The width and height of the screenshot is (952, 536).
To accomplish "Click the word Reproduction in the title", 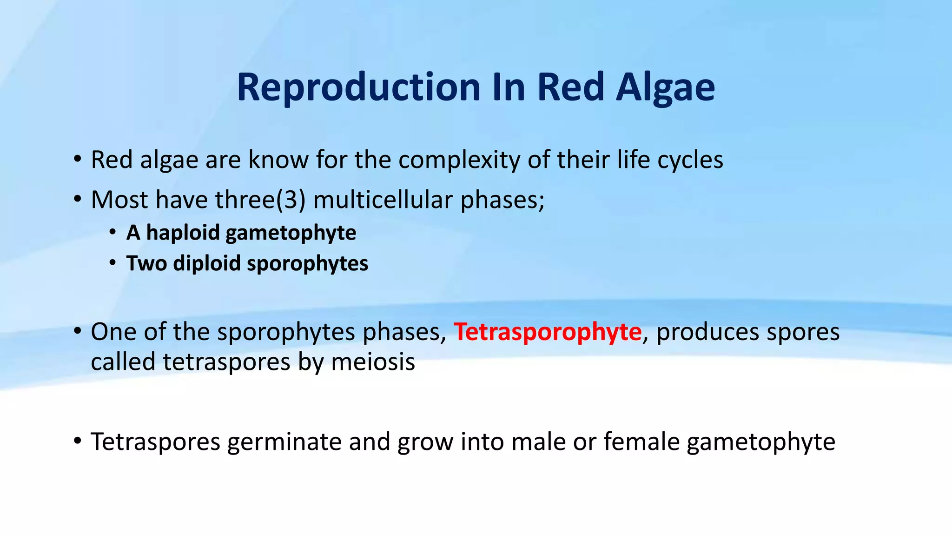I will coord(358,87).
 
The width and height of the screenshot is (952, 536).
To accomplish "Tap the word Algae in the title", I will coord(665,87).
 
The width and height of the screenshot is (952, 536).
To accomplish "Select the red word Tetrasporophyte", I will coord(548,332).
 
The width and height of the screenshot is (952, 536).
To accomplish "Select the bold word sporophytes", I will coord(308,263).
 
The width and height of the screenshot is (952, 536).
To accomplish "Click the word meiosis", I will coord(373,362).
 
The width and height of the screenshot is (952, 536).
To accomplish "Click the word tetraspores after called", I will coord(227,362).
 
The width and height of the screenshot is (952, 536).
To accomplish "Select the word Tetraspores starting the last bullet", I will coord(155,442).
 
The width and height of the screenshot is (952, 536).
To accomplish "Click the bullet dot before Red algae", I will coord(77,160).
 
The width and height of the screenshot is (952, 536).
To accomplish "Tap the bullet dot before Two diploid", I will coord(113,263).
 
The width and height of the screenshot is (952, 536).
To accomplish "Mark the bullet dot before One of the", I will coord(77,332).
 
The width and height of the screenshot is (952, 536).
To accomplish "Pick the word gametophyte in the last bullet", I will coord(761,442).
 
